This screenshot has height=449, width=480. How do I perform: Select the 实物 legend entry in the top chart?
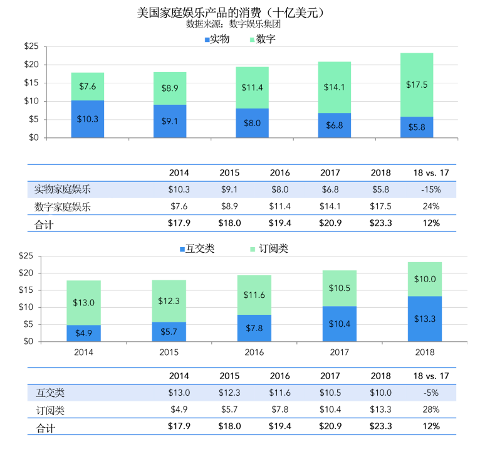tap(217, 40)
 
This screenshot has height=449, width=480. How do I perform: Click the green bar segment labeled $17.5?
tap(417, 85)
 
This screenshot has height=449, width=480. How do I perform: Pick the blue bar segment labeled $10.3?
tap(88, 119)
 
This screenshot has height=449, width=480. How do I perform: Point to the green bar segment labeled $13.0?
tap(83, 302)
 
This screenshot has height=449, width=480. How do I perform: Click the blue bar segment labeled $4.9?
tap(83, 333)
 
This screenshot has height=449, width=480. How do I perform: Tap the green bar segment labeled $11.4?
tap(252, 88)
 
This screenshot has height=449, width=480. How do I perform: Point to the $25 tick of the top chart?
tap(31, 46)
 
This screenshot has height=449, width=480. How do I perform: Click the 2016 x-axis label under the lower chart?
tap(254, 352)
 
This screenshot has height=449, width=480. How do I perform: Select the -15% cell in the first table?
tap(430, 189)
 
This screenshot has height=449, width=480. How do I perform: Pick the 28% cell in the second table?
tap(430, 409)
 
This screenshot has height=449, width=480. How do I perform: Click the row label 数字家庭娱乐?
tap(63, 206)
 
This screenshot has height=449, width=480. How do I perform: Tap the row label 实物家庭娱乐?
tap(63, 189)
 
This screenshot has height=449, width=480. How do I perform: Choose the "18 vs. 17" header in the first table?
tap(430, 172)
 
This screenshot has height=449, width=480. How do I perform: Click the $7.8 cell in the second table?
tap(279, 409)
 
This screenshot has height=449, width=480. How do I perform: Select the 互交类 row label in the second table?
tap(50, 393)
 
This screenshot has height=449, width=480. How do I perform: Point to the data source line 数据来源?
tap(232, 24)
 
